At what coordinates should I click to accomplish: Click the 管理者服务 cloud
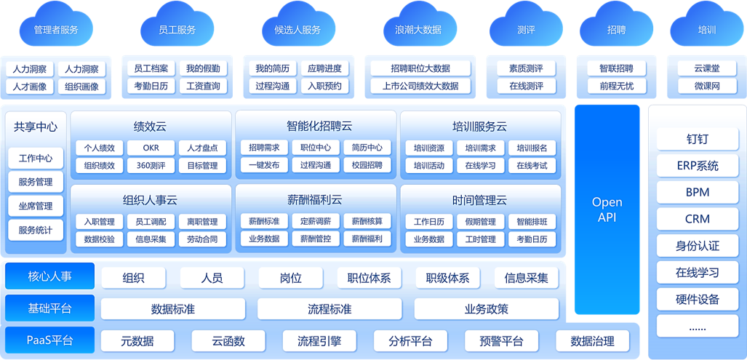(x=56, y=30)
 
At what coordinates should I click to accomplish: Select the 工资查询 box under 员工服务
(x=203, y=87)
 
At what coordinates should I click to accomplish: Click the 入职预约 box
(x=324, y=87)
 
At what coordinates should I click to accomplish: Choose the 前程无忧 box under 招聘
(x=616, y=87)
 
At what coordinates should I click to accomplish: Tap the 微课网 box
(x=706, y=87)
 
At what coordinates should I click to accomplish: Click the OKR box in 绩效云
(x=151, y=148)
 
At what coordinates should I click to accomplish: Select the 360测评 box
(x=151, y=165)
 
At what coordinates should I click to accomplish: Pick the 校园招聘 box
(x=367, y=165)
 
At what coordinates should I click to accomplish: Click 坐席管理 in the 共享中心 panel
(x=36, y=206)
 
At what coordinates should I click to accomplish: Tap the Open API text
(x=607, y=209)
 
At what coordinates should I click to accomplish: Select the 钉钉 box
(x=697, y=139)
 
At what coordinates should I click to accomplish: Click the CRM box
(x=697, y=219)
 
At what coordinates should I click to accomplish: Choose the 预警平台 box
(x=502, y=341)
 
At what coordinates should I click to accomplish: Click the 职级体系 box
(x=447, y=278)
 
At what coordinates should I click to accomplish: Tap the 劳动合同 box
(x=202, y=239)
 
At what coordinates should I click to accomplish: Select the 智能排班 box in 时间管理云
(x=532, y=222)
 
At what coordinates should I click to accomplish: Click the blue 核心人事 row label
(x=49, y=276)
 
